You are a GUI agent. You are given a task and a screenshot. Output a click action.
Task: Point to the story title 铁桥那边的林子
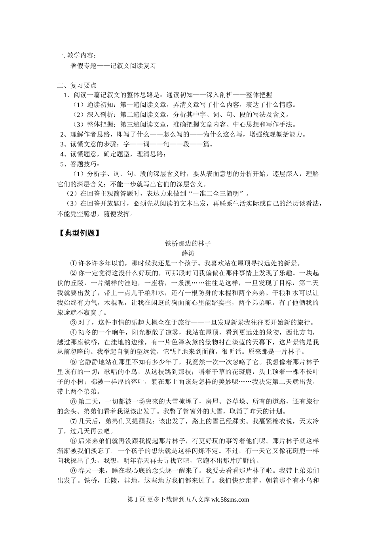188,243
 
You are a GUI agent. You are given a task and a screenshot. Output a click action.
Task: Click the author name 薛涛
188,253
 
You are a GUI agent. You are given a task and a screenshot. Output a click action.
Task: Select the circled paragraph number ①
73,263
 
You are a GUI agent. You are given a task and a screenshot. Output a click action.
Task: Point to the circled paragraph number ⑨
73,471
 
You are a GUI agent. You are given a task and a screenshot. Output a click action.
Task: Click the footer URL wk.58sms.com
230,500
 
